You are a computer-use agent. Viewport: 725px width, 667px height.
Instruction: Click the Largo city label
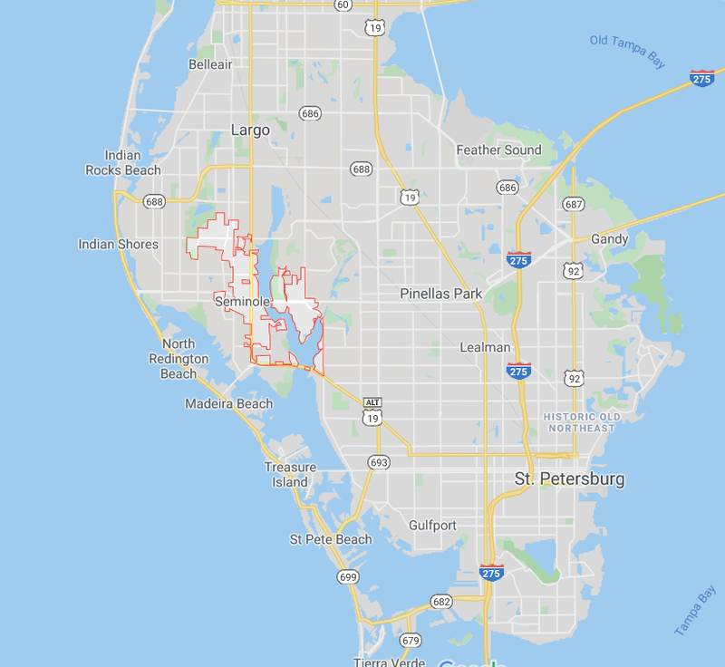click(250, 130)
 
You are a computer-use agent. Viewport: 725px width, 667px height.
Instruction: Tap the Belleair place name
click(210, 64)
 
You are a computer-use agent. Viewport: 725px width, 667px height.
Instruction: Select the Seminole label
click(241, 300)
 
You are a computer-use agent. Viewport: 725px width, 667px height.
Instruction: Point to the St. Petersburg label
click(569, 478)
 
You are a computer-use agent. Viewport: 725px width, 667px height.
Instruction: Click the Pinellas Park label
click(441, 294)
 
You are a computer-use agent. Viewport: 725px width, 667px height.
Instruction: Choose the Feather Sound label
click(498, 150)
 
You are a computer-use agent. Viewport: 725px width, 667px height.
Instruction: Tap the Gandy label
click(609, 238)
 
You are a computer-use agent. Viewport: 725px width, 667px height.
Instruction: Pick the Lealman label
click(485, 347)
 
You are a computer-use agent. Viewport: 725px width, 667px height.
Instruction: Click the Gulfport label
click(433, 525)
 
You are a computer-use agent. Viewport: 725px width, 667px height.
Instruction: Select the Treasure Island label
click(290, 475)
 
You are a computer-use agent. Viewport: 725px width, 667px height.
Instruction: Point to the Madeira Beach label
click(228, 403)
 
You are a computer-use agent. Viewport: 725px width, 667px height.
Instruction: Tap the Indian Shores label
click(118, 244)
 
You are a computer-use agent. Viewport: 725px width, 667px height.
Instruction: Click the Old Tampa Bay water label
click(627, 51)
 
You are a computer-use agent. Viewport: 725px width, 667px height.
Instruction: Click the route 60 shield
click(342, 5)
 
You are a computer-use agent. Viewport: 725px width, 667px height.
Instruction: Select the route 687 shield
click(572, 204)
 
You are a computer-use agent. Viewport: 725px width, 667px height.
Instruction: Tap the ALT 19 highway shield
click(372, 411)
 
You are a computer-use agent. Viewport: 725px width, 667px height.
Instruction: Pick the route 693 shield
click(379, 462)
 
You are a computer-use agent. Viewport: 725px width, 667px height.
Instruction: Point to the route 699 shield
click(347, 576)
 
